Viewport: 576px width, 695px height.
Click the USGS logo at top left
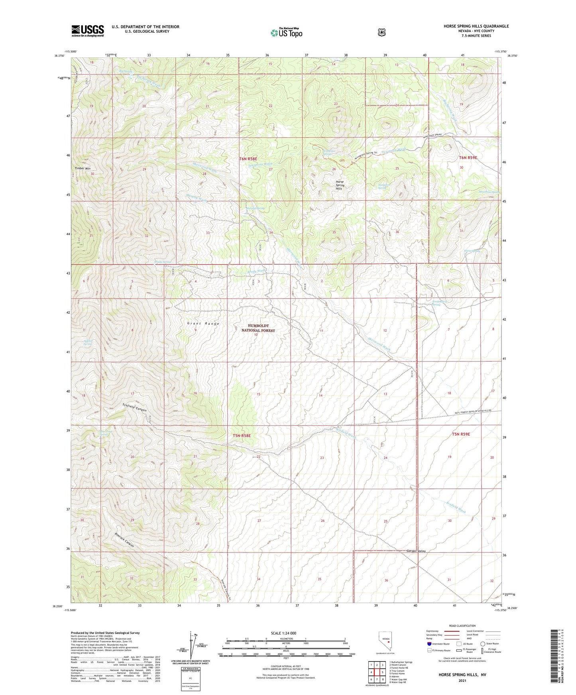pos(88,31)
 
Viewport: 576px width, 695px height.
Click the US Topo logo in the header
pos(286,33)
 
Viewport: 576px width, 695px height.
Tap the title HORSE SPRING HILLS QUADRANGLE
pos(476,26)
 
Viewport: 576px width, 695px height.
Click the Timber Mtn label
pos(82,169)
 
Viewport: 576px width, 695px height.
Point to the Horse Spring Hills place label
pos(340,185)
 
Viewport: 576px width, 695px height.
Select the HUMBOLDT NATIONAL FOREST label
pos(258,328)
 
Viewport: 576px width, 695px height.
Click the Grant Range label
pos(203,324)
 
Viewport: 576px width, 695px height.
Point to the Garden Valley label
pos(416,551)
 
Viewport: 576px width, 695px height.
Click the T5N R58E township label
pos(242,436)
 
